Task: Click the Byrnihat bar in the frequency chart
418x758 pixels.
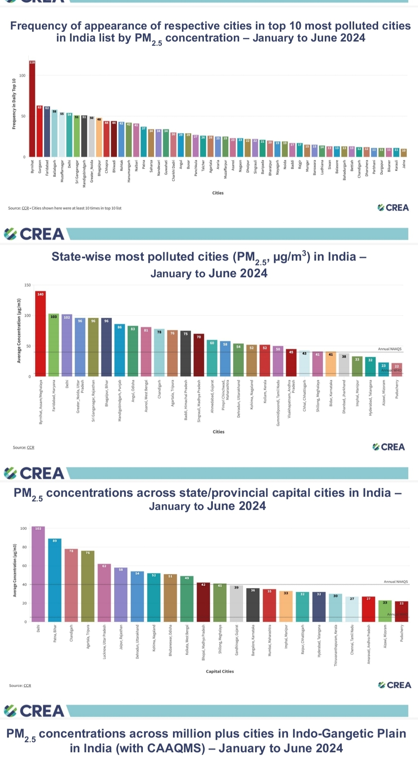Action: pyautogui.click(x=32, y=109)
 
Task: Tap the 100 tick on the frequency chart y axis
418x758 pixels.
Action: pyautogui.click(x=22, y=75)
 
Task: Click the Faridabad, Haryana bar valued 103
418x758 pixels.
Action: pyautogui.click(x=54, y=345)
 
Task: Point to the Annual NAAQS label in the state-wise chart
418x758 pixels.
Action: pyautogui.click(x=389, y=349)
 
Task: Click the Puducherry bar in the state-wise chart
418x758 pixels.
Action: pyautogui.click(x=397, y=370)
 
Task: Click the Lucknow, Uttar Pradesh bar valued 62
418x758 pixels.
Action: pyautogui.click(x=104, y=593)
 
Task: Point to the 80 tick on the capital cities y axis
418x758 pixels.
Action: pyautogui.click(x=24, y=547)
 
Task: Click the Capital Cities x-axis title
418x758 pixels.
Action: pyautogui.click(x=220, y=671)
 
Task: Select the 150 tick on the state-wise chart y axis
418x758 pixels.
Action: pyautogui.click(x=27, y=285)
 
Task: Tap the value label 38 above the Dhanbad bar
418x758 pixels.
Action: pyautogui.click(x=344, y=357)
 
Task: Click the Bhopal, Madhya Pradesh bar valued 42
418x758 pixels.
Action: pyautogui.click(x=204, y=602)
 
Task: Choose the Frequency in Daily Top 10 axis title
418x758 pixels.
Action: pyautogui.click(x=14, y=104)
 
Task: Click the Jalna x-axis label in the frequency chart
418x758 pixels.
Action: pyautogui.click(x=404, y=164)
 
